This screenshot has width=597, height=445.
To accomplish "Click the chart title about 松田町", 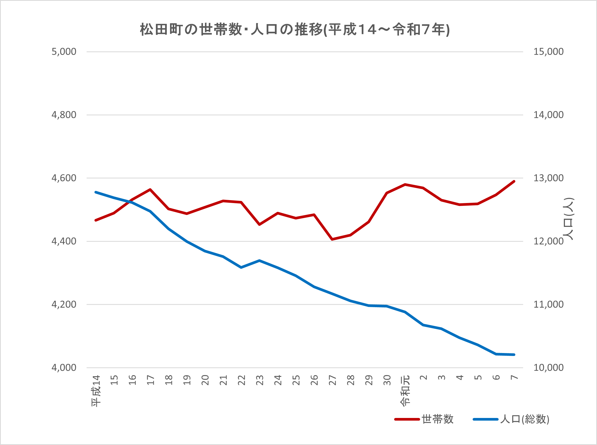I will pos(295,30).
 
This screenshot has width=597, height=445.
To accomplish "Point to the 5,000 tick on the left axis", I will pos(64,51).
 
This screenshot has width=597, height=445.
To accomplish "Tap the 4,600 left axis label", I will pos(64,178).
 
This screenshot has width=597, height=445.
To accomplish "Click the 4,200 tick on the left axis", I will pos(64,304).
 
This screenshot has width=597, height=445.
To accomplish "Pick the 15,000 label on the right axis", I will pos(548,51).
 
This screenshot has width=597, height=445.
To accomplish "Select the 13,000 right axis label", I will pos(548,178).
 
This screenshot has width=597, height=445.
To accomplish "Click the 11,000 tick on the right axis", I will pos(548,304).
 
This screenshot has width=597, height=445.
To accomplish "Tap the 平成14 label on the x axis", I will pos(96,391).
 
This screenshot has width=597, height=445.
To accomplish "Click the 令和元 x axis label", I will pos(405,391).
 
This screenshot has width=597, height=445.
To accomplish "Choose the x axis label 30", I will pos(387,380).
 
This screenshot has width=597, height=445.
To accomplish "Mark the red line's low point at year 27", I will pos(332,239).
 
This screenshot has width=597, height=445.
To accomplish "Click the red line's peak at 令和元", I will pos(405,184).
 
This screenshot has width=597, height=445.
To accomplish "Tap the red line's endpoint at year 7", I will pos(514,181).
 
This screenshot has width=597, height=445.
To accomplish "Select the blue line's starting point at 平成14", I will pos(96,192).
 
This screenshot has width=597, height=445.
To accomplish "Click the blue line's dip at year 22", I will pos(241,267).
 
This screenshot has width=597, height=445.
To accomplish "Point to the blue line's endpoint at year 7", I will pos(514,355).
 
